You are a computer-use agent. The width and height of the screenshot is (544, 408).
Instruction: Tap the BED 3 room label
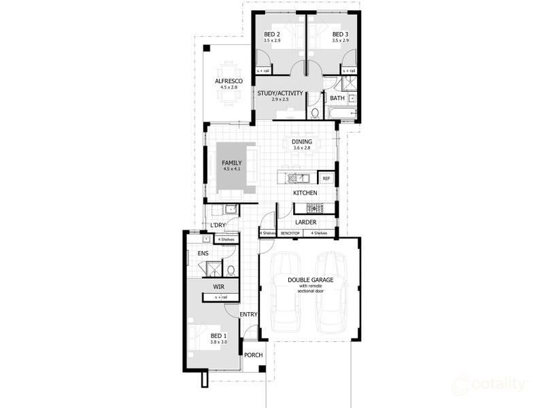coord(340,34)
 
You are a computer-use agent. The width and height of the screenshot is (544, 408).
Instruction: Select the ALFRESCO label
coord(228,81)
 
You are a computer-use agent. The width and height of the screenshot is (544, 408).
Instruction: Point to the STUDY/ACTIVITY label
coord(280,93)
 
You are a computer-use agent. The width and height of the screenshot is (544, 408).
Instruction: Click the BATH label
coord(337,99)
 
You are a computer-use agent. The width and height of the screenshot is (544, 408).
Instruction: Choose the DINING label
coord(302,141)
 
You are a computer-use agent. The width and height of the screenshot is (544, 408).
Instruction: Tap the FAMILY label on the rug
coord(231,163)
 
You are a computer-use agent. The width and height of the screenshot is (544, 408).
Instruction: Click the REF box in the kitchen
coord(326,179)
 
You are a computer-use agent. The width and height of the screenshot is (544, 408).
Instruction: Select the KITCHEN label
coord(305,194)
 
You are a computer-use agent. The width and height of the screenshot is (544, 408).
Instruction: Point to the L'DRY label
coord(218,225)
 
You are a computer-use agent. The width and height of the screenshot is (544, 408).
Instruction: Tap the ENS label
coord(203,254)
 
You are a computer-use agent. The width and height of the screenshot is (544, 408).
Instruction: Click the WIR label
coord(218,287)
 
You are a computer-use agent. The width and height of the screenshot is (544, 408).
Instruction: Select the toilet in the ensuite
coord(231,270)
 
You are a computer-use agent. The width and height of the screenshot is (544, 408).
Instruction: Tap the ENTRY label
coord(249,314)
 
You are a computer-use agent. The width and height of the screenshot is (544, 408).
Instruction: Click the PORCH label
coord(254,355)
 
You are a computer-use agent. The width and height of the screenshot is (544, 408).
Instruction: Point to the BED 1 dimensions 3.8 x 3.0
coord(218,343)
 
